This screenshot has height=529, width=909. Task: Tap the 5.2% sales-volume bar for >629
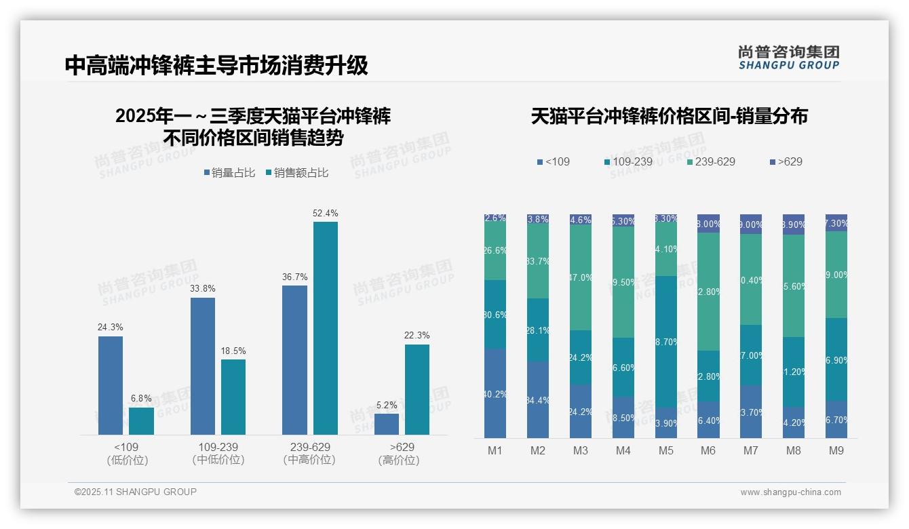[386, 424]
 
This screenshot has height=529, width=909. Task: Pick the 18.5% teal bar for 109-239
[233, 397]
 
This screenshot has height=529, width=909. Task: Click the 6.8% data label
[141, 398]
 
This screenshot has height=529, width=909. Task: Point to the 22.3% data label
[417, 335]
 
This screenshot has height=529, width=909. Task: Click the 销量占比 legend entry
[229, 173]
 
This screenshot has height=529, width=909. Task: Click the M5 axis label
[665, 450]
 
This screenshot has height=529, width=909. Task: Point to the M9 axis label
[836, 450]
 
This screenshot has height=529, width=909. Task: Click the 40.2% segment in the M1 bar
[495, 393]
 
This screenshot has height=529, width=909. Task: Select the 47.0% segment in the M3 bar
[581, 277]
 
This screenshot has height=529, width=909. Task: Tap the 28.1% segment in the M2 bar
[538, 330]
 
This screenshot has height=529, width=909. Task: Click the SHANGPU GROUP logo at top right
[788, 58]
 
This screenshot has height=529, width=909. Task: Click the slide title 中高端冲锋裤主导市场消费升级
[216, 65]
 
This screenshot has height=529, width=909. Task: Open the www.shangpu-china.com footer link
[790, 492]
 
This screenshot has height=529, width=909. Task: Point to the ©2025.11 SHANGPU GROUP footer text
[136, 492]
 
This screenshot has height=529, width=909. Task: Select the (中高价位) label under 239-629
[309, 460]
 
